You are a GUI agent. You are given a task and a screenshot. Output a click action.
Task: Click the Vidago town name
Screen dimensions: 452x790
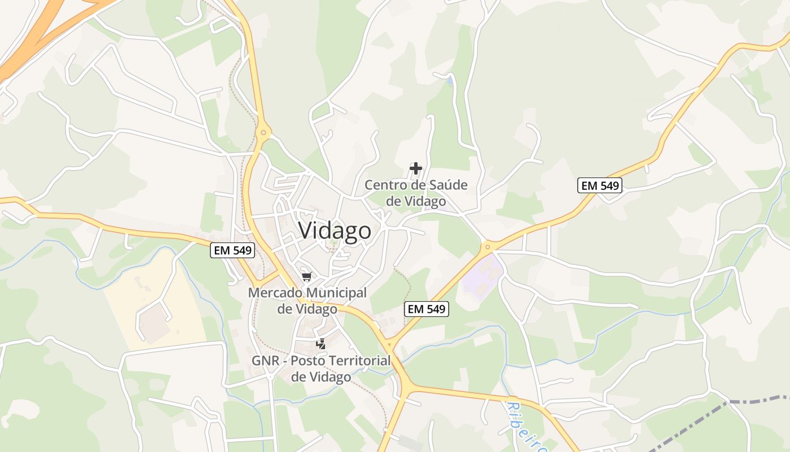tap(335, 231)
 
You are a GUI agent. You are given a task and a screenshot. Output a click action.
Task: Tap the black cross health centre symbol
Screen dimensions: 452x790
tap(416, 168)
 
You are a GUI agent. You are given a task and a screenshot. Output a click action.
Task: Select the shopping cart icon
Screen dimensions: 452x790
tap(307, 276)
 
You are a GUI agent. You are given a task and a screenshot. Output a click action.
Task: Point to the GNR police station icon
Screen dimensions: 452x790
tap(321, 344)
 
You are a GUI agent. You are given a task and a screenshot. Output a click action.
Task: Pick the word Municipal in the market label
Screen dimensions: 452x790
tap(336, 293)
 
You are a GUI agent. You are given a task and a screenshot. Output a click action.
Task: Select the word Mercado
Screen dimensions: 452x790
tap(274, 293)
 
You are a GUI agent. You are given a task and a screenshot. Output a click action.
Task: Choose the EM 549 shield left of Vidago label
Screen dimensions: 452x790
tap(232, 250)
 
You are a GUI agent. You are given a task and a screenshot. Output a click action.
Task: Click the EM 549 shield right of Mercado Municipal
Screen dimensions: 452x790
tap(427, 309)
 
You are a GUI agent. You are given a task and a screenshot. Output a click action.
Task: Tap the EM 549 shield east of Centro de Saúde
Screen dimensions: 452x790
tap(599, 185)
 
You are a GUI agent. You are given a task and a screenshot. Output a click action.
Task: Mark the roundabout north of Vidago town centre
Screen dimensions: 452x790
tap(263, 134)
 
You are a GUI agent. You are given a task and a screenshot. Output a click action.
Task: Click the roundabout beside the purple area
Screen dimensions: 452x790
tap(487, 246)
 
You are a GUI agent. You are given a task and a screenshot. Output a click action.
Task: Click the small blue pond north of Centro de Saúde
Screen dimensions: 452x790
tap(449, 81)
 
